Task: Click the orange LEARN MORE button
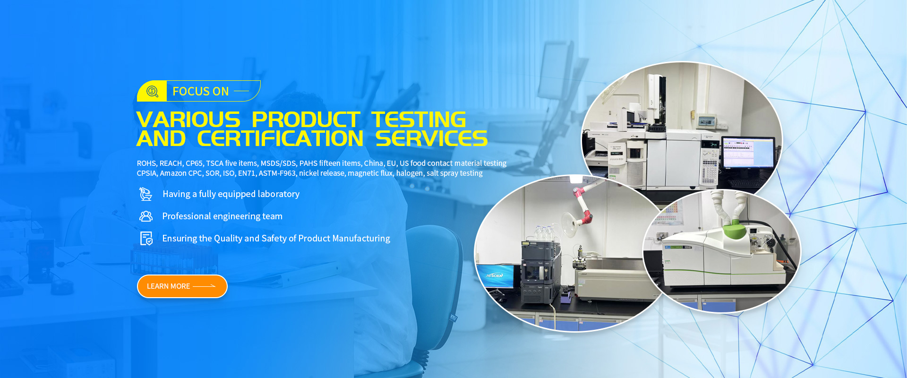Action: (x=182, y=286)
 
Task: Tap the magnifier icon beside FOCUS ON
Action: (x=152, y=91)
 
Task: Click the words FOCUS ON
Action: (x=201, y=91)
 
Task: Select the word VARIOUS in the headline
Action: (x=188, y=120)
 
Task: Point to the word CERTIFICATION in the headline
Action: (x=280, y=138)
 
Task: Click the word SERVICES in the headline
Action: (x=431, y=138)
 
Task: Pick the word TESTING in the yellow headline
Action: (x=419, y=120)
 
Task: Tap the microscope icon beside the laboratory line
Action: (x=145, y=194)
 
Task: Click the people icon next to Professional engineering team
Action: (x=146, y=216)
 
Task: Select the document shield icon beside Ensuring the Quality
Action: (x=146, y=239)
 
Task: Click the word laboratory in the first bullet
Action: (x=279, y=194)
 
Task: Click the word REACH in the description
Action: (x=171, y=163)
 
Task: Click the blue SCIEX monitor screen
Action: (x=495, y=275)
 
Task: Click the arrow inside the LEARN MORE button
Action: (x=204, y=286)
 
